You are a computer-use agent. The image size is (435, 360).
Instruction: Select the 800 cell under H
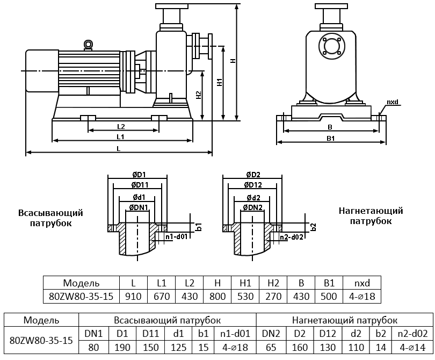(217, 296)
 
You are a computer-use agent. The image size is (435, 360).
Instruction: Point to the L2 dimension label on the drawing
(121, 126)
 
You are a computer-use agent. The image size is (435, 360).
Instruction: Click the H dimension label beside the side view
(233, 61)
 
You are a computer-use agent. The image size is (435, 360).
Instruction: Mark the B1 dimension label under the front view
(331, 138)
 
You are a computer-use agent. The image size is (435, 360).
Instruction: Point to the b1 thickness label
(198, 226)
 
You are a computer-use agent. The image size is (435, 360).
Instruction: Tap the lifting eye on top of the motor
(88, 45)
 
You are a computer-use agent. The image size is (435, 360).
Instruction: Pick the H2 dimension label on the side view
(198, 95)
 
